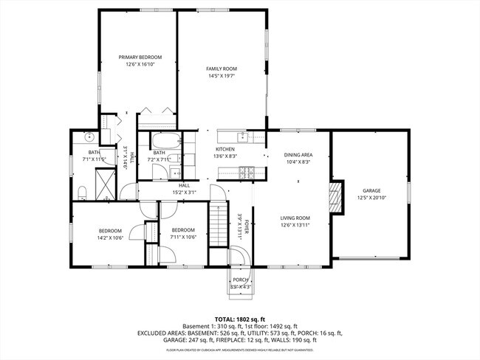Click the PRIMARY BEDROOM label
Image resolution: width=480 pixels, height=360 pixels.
click(x=140, y=57)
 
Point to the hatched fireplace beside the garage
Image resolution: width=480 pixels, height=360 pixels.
click(x=337, y=197)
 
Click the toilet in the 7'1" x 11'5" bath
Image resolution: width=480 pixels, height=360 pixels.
click(x=83, y=193)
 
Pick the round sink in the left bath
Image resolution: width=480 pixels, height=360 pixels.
click(x=88, y=137)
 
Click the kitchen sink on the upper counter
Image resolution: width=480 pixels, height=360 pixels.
click(x=242, y=137)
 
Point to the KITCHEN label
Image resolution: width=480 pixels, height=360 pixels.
click(x=224, y=149)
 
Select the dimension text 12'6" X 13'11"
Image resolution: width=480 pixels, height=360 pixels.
click(x=294, y=226)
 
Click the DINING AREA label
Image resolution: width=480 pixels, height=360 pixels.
click(x=298, y=155)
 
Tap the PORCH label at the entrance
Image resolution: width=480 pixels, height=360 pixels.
click(x=240, y=280)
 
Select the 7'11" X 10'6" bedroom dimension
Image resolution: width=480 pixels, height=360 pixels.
click(x=183, y=237)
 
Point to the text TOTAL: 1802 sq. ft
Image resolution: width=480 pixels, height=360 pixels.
click(x=240, y=318)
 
